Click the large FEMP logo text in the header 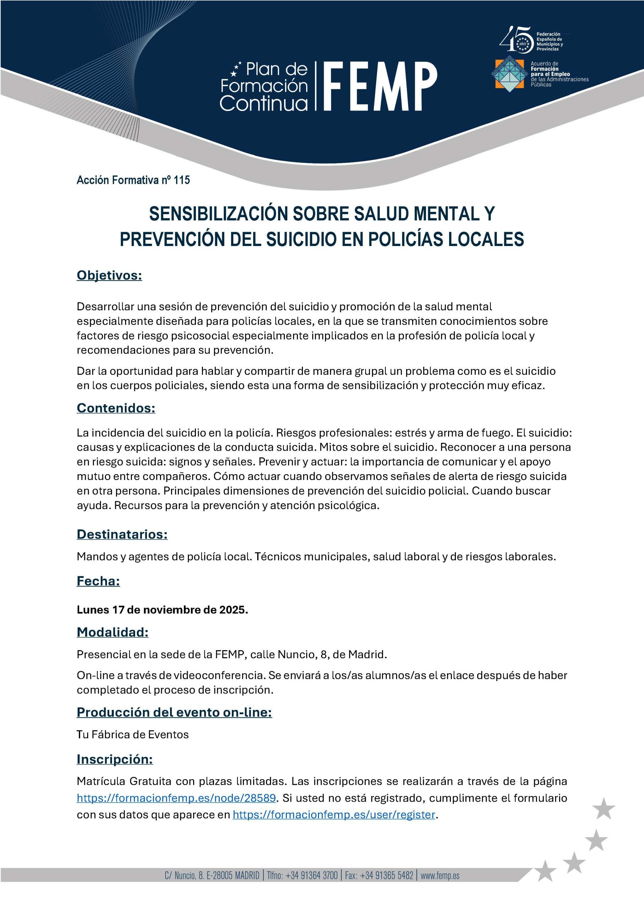coord(381,86)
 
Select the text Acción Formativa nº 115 coord(133,180)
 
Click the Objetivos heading coord(109,275)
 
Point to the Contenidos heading coord(116,408)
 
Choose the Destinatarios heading coord(122,534)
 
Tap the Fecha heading coord(99,581)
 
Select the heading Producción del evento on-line coord(174,712)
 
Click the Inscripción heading coord(115,759)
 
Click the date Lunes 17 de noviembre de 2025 coord(162,610)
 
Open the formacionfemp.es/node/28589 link coord(176,798)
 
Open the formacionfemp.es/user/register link coord(334,814)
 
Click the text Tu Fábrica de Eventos coord(132,734)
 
